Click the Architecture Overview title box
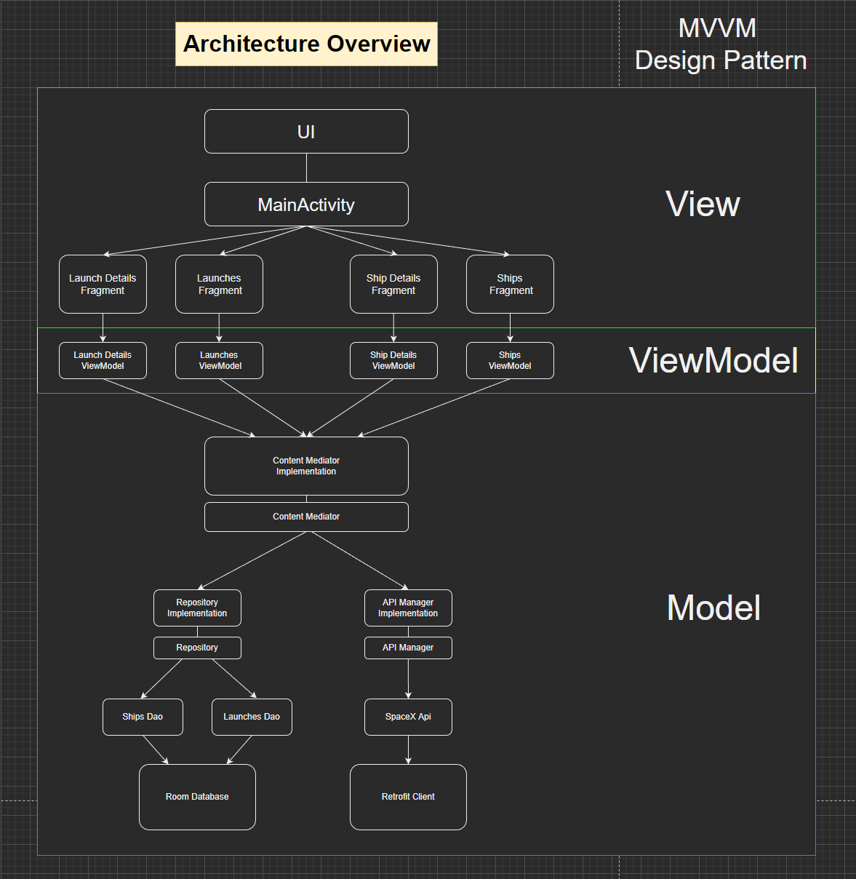[x=306, y=44]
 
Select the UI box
[x=306, y=132]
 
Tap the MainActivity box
[x=306, y=204]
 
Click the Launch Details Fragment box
[x=103, y=285]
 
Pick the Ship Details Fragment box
[x=393, y=285]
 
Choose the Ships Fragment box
[x=510, y=285]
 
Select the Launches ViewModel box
[x=219, y=361]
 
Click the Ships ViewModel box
[x=510, y=361]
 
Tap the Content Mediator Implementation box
[x=306, y=466]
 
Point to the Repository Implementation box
[x=197, y=608]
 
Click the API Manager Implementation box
[x=408, y=608]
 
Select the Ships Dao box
[x=143, y=717]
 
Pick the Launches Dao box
[x=252, y=717]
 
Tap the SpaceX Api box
[x=408, y=717]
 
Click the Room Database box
[x=197, y=798]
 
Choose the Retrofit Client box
[x=408, y=798]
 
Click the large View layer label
[x=703, y=204]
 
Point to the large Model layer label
[x=713, y=608]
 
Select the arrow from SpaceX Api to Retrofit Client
[x=408, y=749]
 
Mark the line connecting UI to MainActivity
[x=306, y=168]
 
